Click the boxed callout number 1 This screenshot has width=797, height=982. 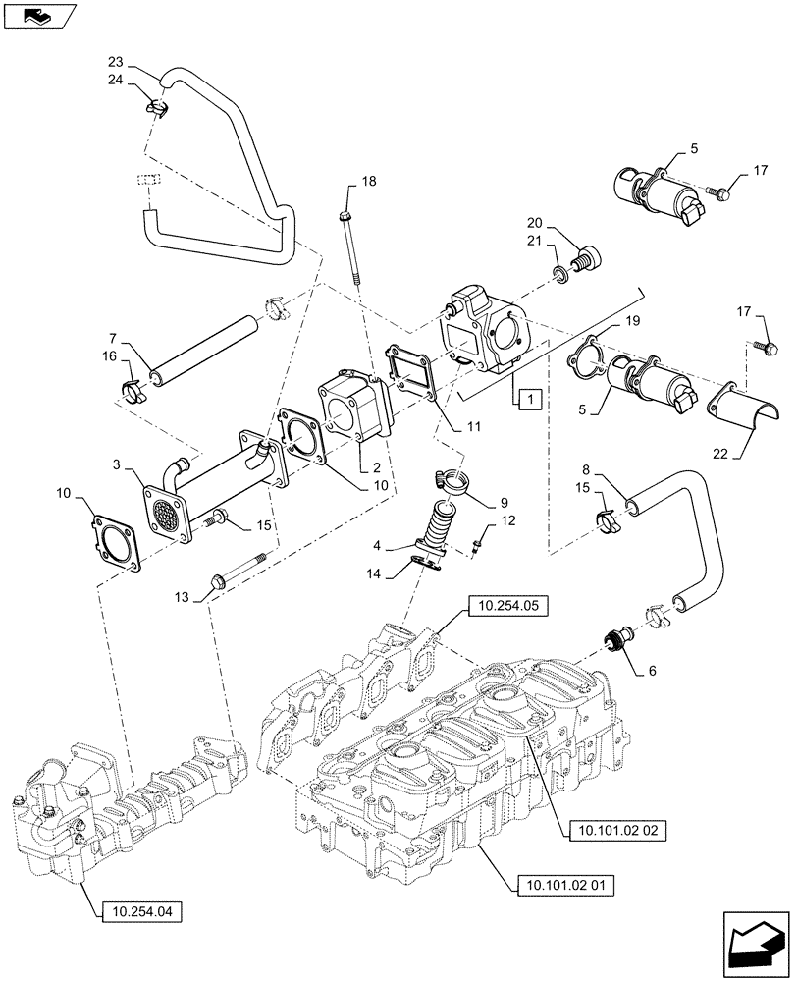pyautogui.click(x=528, y=399)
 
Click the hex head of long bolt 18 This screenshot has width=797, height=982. pyautogui.click(x=345, y=216)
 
